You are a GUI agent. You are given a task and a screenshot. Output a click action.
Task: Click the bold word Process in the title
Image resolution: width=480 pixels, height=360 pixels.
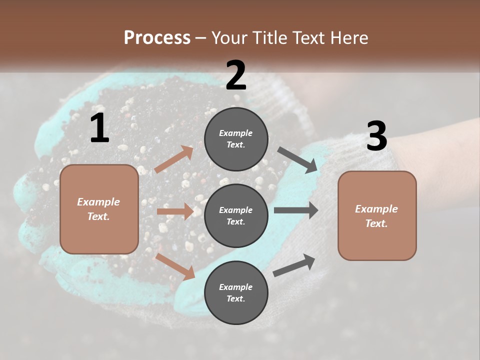click(157, 38)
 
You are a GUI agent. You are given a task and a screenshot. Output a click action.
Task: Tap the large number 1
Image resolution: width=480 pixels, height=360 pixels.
click(99, 128)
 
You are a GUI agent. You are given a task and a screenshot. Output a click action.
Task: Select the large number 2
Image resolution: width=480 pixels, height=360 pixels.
click(236, 75)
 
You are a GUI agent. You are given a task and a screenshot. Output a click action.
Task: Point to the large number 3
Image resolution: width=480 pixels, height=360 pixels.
click(376, 136)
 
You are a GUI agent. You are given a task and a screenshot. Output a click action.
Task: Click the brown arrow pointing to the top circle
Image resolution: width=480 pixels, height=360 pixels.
click(174, 159)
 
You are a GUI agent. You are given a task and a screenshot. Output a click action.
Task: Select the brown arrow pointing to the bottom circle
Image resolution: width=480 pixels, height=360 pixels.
click(175, 266)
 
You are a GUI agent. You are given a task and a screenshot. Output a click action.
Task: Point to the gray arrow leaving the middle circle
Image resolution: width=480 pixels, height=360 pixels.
click(296, 210)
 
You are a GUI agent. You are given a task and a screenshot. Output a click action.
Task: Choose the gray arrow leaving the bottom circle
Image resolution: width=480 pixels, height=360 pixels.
click(294, 265)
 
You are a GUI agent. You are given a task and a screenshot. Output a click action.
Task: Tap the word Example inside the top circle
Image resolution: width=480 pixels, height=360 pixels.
click(236, 133)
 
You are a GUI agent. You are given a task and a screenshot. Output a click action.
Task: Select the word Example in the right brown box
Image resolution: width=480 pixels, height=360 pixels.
click(376, 209)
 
